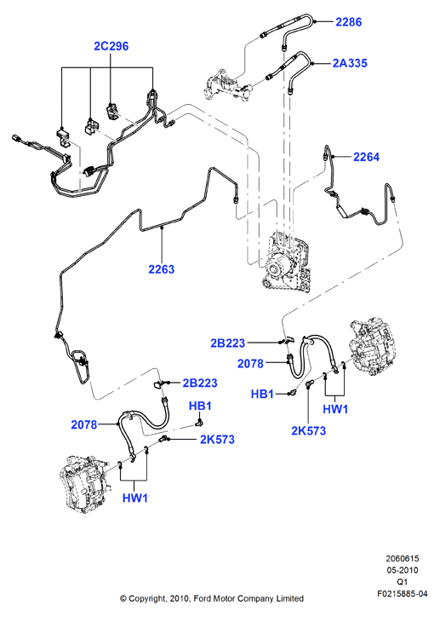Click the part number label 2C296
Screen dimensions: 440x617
pyautogui.click(x=111, y=46)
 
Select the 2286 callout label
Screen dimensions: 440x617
pyautogui.click(x=348, y=21)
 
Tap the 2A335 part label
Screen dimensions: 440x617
pyautogui.click(x=350, y=63)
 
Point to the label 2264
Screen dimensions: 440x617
pyautogui.click(x=366, y=157)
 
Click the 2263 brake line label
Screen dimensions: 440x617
pyautogui.click(x=161, y=269)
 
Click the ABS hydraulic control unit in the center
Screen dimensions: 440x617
pyautogui.click(x=287, y=262)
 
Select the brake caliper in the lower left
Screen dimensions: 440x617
pyautogui.click(x=83, y=484)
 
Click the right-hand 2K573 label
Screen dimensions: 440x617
pyautogui.click(x=308, y=431)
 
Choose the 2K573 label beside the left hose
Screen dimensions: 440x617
pyautogui.click(x=217, y=439)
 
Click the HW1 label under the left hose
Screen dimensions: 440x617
pyautogui.click(x=135, y=498)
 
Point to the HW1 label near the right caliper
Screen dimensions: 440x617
pyautogui.click(x=335, y=409)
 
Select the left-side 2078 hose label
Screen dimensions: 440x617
pyautogui.click(x=84, y=424)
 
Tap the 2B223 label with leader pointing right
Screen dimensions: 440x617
pyautogui.click(x=228, y=343)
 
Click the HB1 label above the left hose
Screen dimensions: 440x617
pyautogui.click(x=200, y=406)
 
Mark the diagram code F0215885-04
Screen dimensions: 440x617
pyautogui.click(x=403, y=594)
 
